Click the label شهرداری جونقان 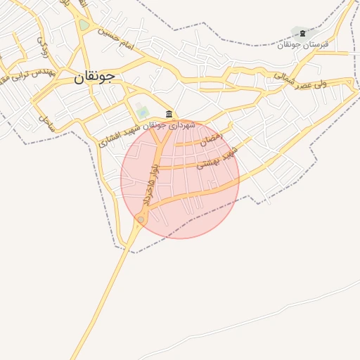tap(172, 125)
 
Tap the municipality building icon tap(169, 114)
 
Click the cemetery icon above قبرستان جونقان tap(302, 33)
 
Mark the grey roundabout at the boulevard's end tap(141, 220)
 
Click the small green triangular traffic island tap(84, 25)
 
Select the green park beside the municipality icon tap(143, 112)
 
